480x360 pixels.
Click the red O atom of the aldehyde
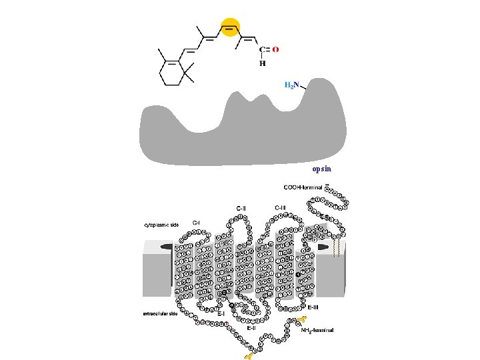point(275,49)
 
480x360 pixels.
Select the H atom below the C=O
point(262,64)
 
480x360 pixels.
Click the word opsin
point(321,169)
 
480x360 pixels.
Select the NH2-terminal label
point(317,330)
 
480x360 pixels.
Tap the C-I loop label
point(197,222)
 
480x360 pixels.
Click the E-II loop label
point(252,328)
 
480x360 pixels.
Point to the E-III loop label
point(313,307)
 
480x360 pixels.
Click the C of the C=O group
point(262,49)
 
